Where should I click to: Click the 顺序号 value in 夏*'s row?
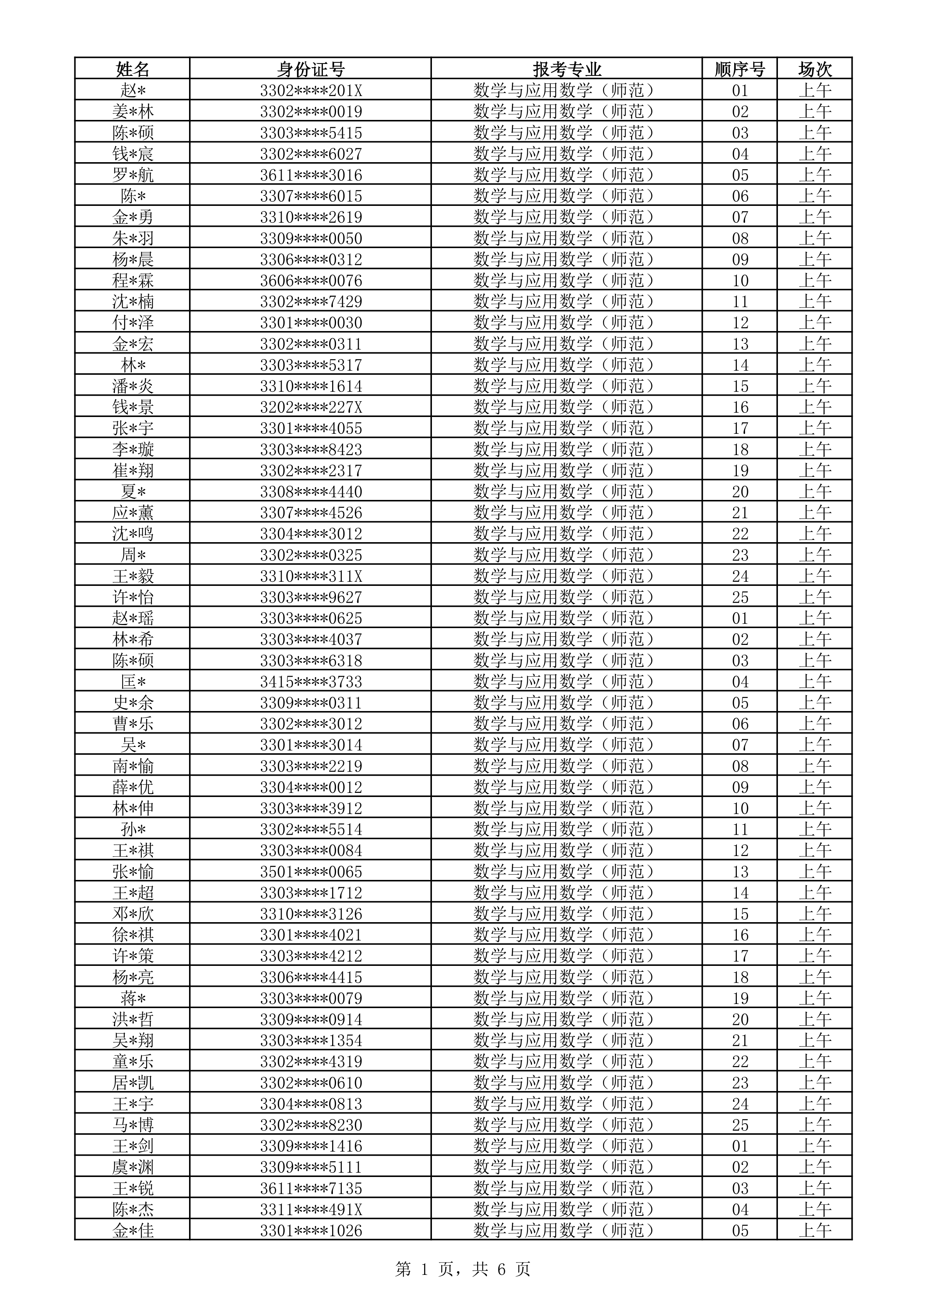pyautogui.click(x=740, y=491)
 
